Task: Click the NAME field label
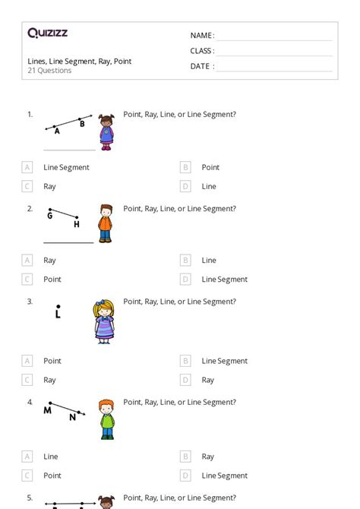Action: (201, 36)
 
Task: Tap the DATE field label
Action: (201, 67)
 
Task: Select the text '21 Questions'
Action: (49, 71)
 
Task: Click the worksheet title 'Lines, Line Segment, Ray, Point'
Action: (79, 62)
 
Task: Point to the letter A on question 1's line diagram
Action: (57, 131)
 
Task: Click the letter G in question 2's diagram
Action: (50, 216)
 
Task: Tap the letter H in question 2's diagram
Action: (76, 224)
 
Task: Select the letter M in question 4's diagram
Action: (47, 410)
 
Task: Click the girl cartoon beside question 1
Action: (106, 131)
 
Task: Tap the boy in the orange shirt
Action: (105, 223)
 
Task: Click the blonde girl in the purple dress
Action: (104, 321)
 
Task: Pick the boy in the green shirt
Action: (106, 419)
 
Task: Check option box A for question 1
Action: (27, 167)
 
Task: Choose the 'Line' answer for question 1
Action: (209, 186)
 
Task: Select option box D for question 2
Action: (185, 280)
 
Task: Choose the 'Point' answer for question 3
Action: (52, 361)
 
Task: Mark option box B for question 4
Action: (185, 457)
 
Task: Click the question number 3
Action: (30, 302)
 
